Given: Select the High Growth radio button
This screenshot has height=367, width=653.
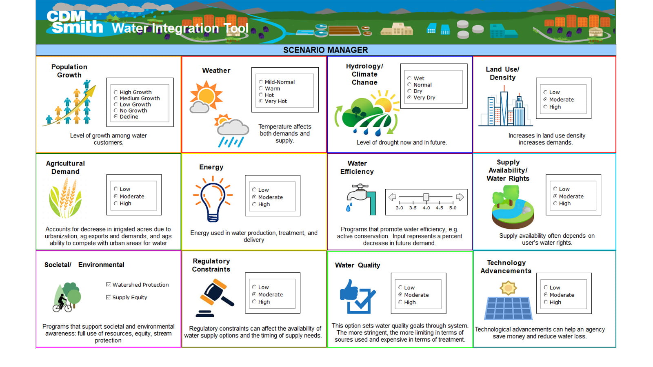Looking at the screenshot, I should click(x=116, y=93).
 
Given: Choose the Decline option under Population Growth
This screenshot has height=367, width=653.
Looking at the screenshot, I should click(x=116, y=117).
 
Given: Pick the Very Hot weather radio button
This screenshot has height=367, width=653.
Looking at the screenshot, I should click(x=261, y=101).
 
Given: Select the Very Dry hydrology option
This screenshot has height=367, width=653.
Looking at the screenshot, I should click(x=409, y=97).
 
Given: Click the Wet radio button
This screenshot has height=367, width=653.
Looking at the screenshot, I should click(x=409, y=78).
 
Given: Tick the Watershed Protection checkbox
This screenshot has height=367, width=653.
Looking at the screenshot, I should click(x=109, y=285).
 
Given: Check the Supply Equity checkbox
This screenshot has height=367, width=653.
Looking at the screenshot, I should click(x=109, y=297).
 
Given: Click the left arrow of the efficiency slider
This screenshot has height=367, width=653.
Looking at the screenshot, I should click(x=393, y=197).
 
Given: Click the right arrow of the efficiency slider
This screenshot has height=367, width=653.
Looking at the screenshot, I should click(x=460, y=197).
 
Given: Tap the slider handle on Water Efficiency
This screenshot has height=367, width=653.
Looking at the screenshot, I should click(x=426, y=197).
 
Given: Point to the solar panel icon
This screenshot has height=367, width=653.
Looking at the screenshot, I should click(x=508, y=308).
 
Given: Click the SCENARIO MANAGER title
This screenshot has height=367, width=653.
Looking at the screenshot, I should click(x=326, y=50).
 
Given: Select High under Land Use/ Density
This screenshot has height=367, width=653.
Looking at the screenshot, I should click(x=545, y=107).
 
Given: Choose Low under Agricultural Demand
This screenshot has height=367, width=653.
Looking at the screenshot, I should click(x=116, y=189).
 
